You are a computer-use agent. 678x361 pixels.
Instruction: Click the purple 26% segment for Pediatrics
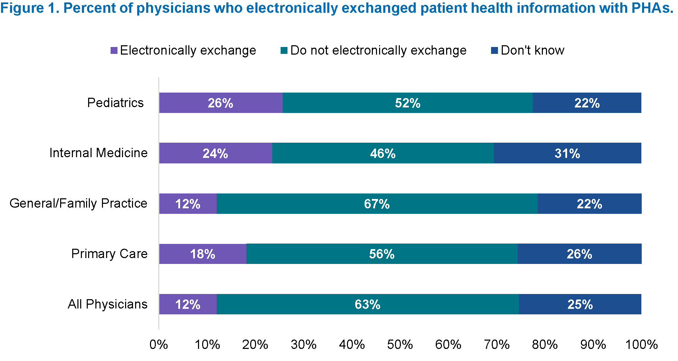click(220, 103)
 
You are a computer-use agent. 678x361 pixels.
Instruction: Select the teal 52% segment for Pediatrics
click(407, 103)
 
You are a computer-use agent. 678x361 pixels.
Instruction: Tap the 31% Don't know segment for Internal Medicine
click(567, 153)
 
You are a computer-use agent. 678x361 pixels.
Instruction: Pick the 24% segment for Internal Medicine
click(215, 153)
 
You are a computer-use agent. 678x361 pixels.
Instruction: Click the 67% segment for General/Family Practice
click(377, 204)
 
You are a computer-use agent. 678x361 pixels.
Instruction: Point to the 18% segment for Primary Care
click(203, 254)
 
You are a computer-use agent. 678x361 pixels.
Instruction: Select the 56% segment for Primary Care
click(382, 254)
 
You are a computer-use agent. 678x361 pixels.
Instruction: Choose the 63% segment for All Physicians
click(367, 304)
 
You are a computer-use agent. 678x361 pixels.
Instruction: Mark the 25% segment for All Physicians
click(580, 304)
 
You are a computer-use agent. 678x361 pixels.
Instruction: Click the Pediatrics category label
click(115, 103)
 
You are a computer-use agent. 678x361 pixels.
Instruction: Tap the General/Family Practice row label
click(78, 203)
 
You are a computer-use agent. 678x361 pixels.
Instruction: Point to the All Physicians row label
click(107, 304)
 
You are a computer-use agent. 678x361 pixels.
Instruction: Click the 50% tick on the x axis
click(400, 344)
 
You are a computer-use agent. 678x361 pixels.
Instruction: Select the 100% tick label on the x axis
click(641, 344)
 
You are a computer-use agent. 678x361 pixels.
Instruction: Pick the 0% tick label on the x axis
click(159, 344)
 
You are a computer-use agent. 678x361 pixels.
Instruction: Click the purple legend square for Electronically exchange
click(114, 51)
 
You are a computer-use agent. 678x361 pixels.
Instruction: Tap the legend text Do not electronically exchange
click(378, 50)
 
